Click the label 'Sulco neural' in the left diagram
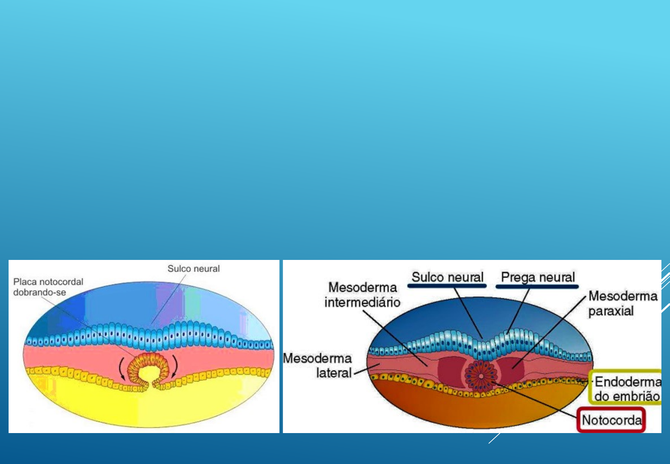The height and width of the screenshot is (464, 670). tap(193, 269)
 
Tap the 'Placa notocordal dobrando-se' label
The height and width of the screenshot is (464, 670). tap(48, 287)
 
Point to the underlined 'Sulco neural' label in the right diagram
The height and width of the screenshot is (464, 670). tap(447, 277)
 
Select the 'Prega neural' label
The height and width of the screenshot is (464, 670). tap(538, 277)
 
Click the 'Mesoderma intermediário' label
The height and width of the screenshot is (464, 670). tap(362, 295)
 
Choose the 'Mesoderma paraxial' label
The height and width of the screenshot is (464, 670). tap(622, 303)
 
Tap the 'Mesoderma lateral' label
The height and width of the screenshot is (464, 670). tap(318, 365)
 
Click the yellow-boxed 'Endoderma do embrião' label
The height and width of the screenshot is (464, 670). tap(627, 388)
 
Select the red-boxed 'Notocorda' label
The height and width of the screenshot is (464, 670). tap(612, 420)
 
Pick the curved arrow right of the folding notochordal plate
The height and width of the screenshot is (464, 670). tap(175, 366)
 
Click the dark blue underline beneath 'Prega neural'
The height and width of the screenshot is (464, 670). tap(537, 286)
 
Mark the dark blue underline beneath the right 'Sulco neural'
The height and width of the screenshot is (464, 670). tap(447, 286)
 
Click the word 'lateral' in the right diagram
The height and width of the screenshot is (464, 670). tap(334, 373)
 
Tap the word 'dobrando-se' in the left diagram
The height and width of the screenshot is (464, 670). tap(40, 293)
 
